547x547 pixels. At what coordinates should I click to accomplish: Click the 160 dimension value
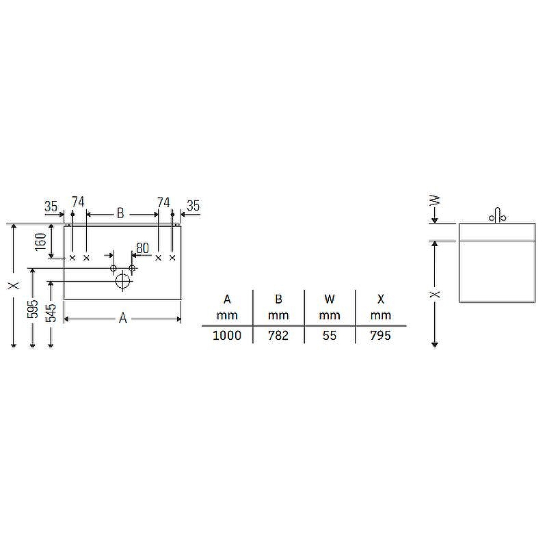(x=41, y=241)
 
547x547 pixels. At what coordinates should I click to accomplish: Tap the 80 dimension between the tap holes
(x=142, y=248)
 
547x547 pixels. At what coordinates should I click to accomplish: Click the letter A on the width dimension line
(x=123, y=318)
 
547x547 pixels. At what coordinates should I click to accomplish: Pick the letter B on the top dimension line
(x=120, y=213)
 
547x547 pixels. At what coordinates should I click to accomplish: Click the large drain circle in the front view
(x=123, y=280)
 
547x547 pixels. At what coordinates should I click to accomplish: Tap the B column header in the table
(x=278, y=299)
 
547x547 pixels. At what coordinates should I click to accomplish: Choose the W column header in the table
(x=330, y=299)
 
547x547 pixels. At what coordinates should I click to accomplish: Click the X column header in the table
(x=381, y=299)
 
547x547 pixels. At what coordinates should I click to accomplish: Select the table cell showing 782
(x=278, y=336)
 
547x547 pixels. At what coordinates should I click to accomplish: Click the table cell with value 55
(x=330, y=336)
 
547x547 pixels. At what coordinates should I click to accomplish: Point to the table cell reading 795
(x=381, y=336)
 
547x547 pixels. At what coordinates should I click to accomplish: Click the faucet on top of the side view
(x=497, y=215)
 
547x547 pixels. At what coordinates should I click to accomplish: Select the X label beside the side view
(x=435, y=294)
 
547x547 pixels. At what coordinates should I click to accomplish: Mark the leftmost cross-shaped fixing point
(x=72, y=258)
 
